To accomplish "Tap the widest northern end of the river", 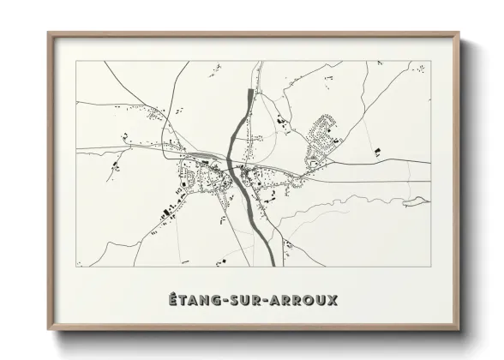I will [x=249, y=93].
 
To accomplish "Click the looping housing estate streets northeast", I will [x=325, y=135].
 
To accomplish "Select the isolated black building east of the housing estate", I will [x=376, y=152].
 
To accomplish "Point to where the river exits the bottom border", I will [x=273, y=264].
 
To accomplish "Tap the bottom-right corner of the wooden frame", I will [x=459, y=329].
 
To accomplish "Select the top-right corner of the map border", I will [x=430, y=61].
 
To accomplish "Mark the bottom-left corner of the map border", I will [x=76, y=267].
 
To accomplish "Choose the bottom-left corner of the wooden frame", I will [x=49, y=329].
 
